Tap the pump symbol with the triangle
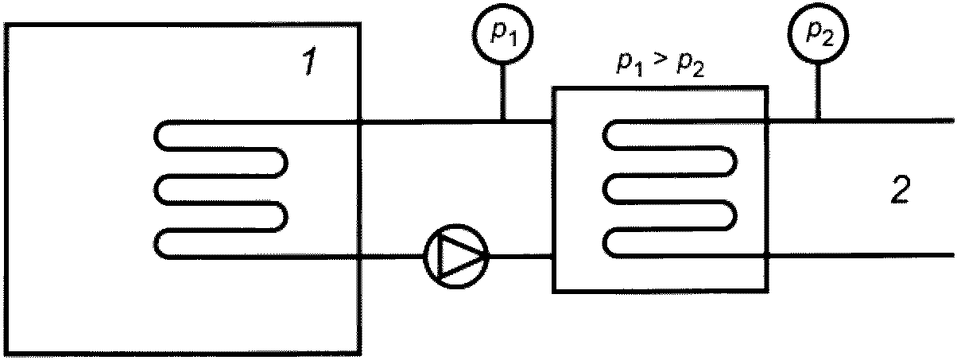[456, 256]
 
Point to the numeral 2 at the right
[901, 188]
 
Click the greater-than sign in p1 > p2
[661, 61]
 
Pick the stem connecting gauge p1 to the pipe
[503, 92]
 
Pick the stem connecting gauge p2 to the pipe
[818, 92]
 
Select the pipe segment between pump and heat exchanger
[521, 257]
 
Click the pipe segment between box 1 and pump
[392, 257]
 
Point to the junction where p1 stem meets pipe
[503, 122]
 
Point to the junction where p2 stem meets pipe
[818, 122]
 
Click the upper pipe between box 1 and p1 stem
[431, 122]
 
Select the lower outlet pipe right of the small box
[862, 255]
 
